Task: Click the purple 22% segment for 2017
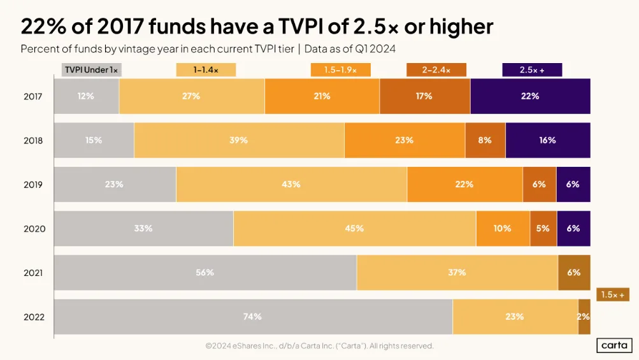530,96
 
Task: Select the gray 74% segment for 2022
253,317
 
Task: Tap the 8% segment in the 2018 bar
485,140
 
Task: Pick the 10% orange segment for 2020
503,228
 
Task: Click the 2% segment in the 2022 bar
584,317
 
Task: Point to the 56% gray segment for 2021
205,273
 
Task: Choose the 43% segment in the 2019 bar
291,184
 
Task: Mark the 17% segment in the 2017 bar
425,96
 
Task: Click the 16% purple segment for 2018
548,140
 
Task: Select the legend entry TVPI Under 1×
92,69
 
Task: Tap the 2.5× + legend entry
532,69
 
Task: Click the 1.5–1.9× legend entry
341,69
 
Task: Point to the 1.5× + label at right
613,294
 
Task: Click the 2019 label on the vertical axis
33,185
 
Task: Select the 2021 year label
33,273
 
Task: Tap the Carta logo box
615,345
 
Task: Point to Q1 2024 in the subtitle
375,49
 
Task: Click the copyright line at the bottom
320,346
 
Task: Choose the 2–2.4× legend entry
436,69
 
